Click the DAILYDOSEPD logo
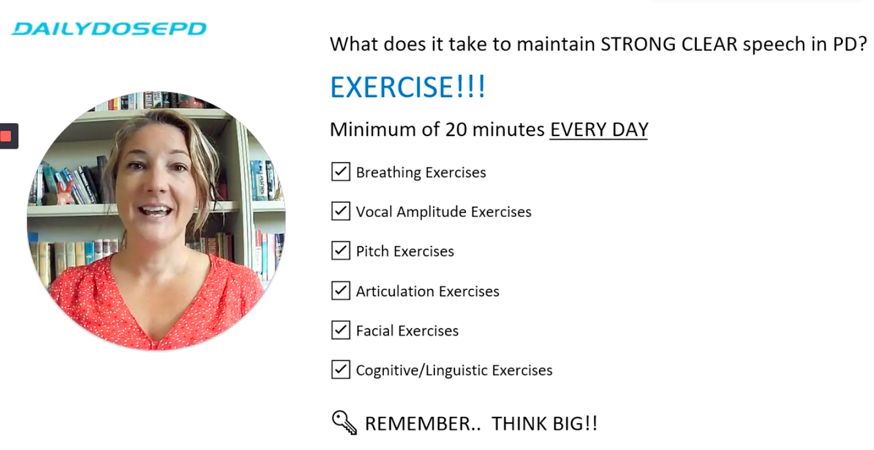pyautogui.click(x=109, y=28)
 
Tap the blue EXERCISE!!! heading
pyautogui.click(x=407, y=87)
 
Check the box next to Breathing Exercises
pyautogui.click(x=341, y=172)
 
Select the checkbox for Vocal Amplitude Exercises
pyautogui.click(x=341, y=212)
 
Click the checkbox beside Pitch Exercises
pyautogui.click(x=341, y=251)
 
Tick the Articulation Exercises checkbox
pyautogui.click(x=341, y=291)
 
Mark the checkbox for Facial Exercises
pyautogui.click(x=341, y=330)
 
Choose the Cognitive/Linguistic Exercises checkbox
pyautogui.click(x=341, y=370)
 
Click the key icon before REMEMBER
pyautogui.click(x=344, y=422)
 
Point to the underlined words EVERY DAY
pyautogui.click(x=598, y=129)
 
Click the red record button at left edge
pyautogui.click(x=7, y=136)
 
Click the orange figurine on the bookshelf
pyautogui.click(x=66, y=192)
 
